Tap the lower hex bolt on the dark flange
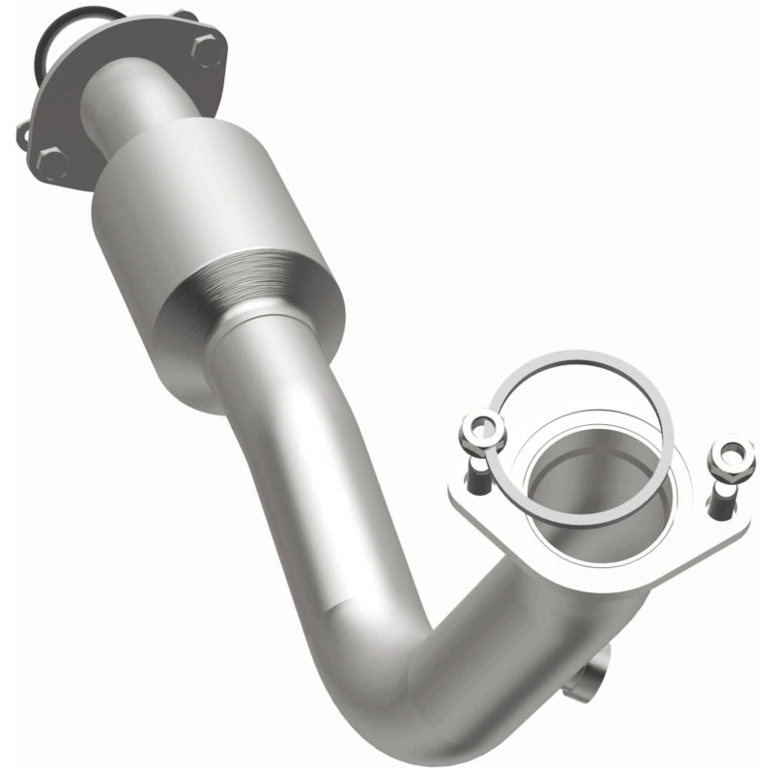coord(54,161)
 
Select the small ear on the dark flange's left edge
coord(22,136)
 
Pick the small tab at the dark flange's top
coord(184,14)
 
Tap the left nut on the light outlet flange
coord(482,429)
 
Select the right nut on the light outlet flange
coord(731,458)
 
